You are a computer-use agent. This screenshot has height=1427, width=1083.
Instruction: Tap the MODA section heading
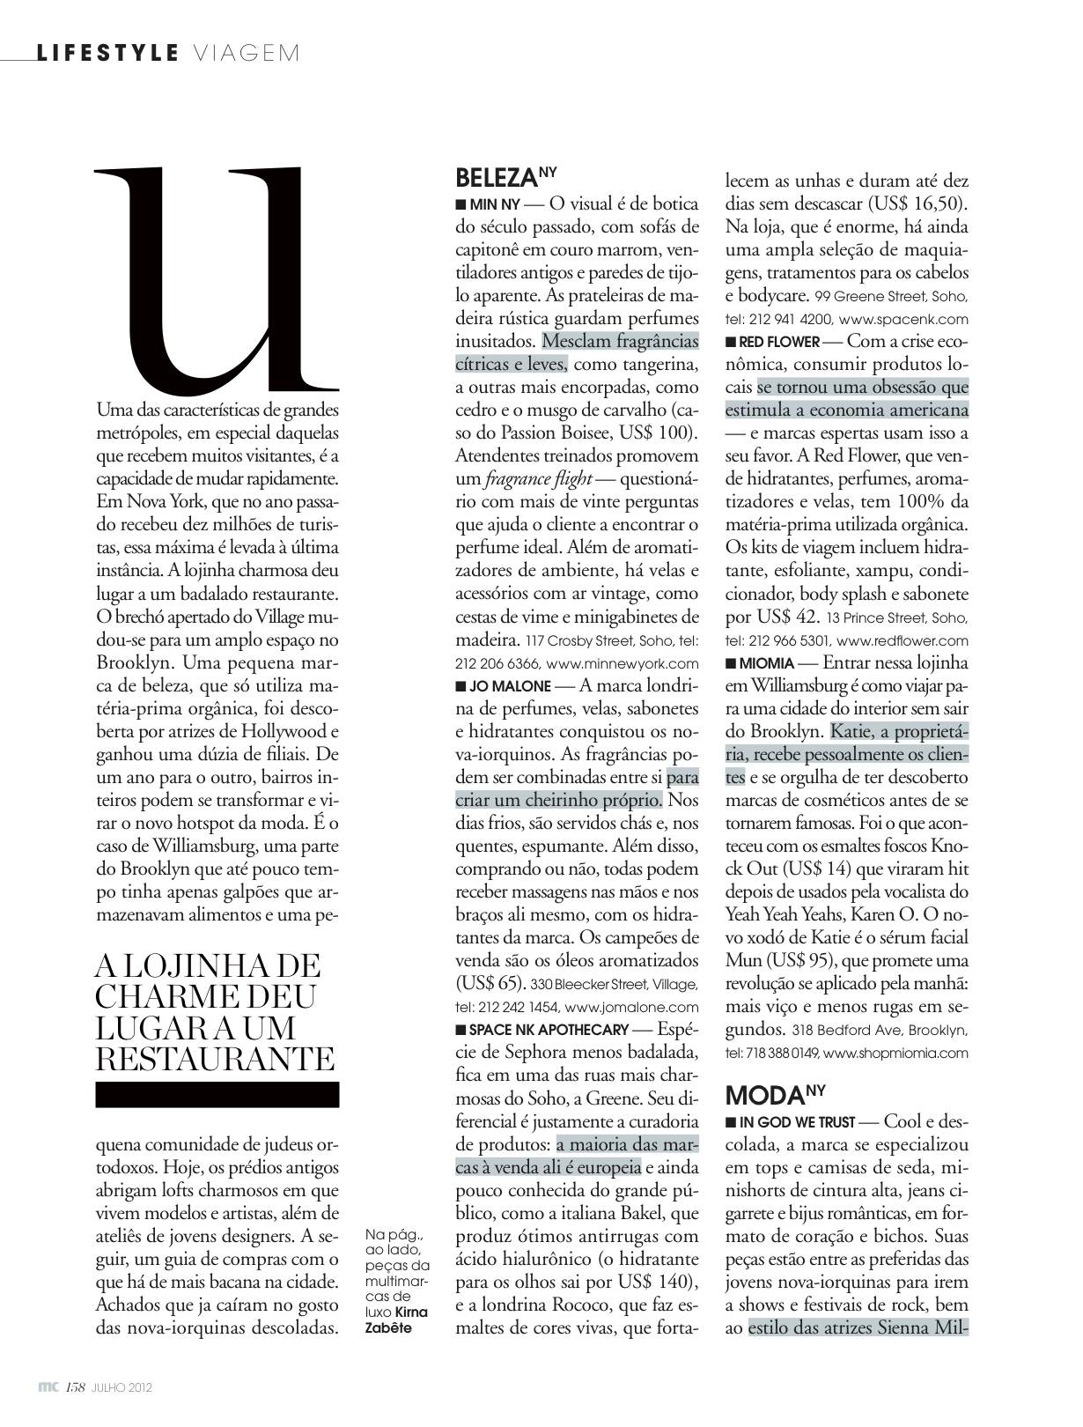765,1095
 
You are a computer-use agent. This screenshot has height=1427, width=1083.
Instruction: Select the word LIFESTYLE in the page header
107,53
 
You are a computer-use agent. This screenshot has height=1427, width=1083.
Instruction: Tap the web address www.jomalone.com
631,1008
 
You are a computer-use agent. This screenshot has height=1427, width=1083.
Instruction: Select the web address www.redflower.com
902,641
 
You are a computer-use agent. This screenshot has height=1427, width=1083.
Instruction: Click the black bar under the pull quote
217,1095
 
